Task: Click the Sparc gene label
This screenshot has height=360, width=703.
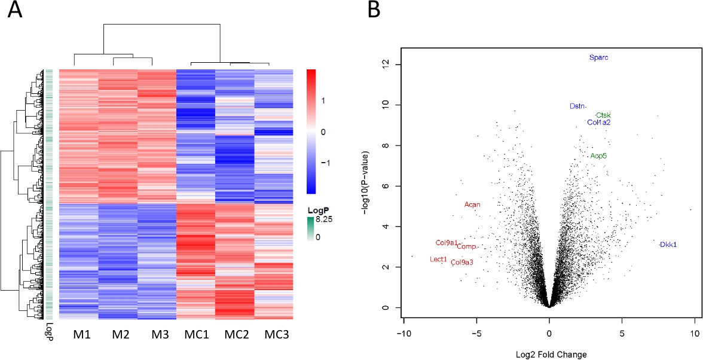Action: pos(598,58)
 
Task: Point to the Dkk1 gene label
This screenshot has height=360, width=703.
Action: pos(668,245)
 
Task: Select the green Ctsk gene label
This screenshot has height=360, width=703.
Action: pos(603,115)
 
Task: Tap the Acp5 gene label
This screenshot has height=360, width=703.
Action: pos(598,156)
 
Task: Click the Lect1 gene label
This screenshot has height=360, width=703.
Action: pos(438,260)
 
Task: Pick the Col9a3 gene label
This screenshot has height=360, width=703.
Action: pos(462,262)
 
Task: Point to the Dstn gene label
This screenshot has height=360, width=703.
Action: pos(577,106)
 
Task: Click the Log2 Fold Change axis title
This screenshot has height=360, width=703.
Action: pos(549,354)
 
